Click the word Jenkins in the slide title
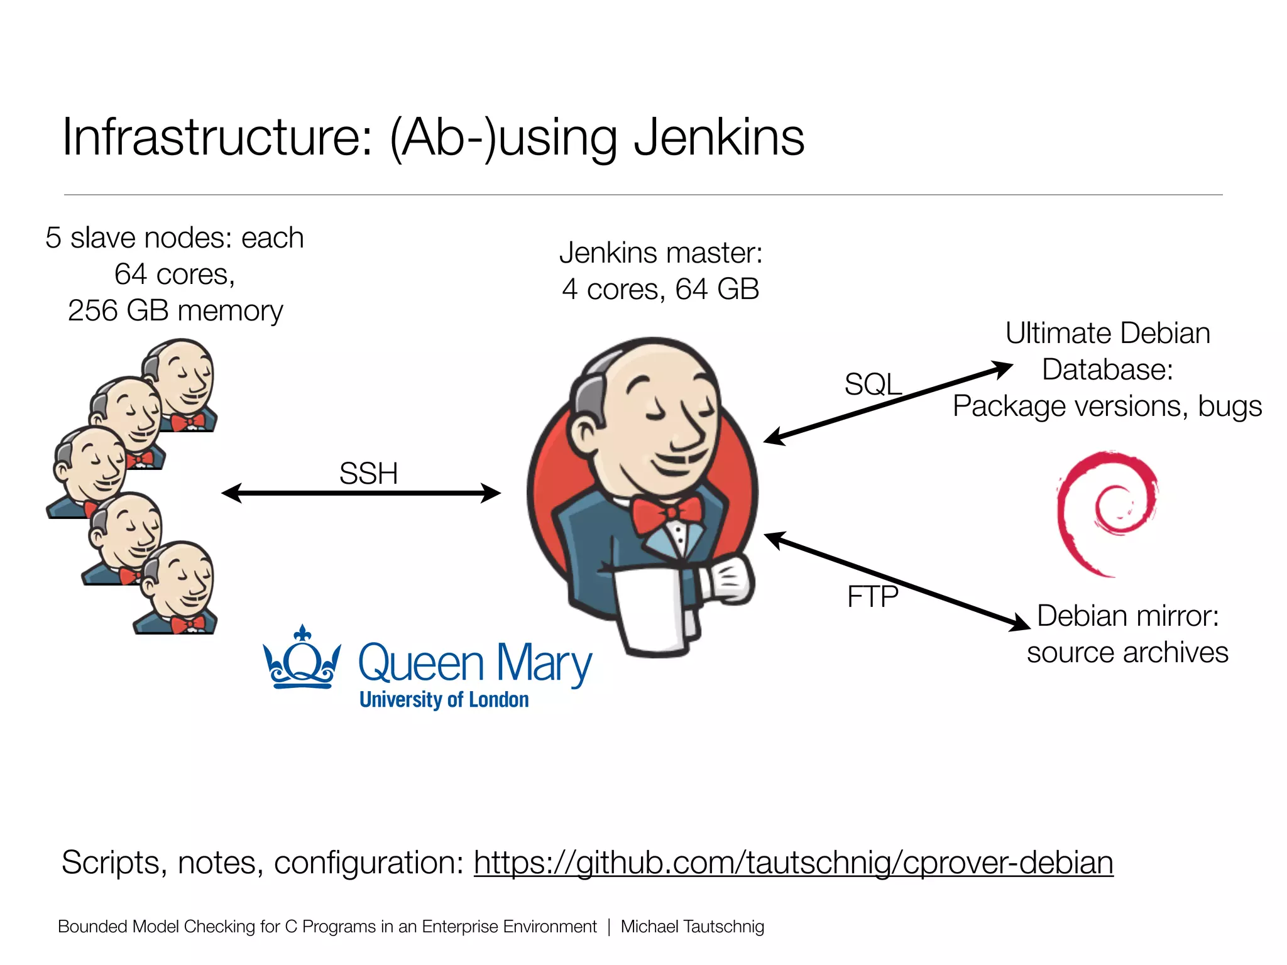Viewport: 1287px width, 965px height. (x=719, y=138)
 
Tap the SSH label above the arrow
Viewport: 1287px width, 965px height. (x=368, y=474)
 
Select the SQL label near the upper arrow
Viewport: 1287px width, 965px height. (x=873, y=384)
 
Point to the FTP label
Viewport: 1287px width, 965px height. (x=872, y=596)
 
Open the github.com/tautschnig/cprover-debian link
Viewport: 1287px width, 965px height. (x=793, y=862)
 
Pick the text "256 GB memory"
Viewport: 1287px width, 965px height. (x=175, y=310)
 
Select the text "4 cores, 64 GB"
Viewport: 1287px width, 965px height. (x=660, y=289)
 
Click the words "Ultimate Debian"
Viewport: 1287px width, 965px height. (x=1107, y=333)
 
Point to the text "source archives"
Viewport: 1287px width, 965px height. (x=1127, y=652)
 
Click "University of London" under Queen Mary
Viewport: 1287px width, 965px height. (x=444, y=700)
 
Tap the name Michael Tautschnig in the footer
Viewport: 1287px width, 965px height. (x=692, y=927)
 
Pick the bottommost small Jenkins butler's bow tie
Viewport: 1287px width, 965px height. (x=187, y=624)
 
